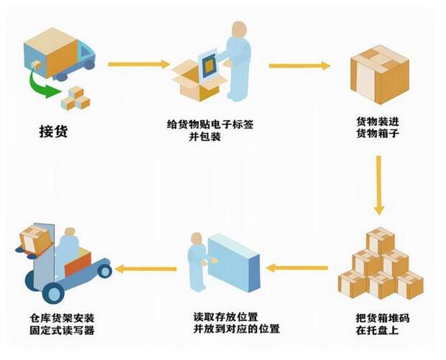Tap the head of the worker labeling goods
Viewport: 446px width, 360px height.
238,29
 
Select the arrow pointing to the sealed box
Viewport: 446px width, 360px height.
299,65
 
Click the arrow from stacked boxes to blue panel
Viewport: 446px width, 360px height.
298,269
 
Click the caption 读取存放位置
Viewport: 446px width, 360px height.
226,316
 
